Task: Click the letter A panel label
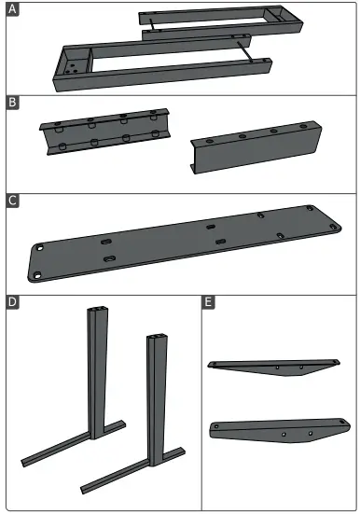[x=13, y=11]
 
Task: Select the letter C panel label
[x=13, y=201]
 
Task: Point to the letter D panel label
[x=13, y=303]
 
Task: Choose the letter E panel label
[x=209, y=303]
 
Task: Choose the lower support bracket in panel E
[x=275, y=432]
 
